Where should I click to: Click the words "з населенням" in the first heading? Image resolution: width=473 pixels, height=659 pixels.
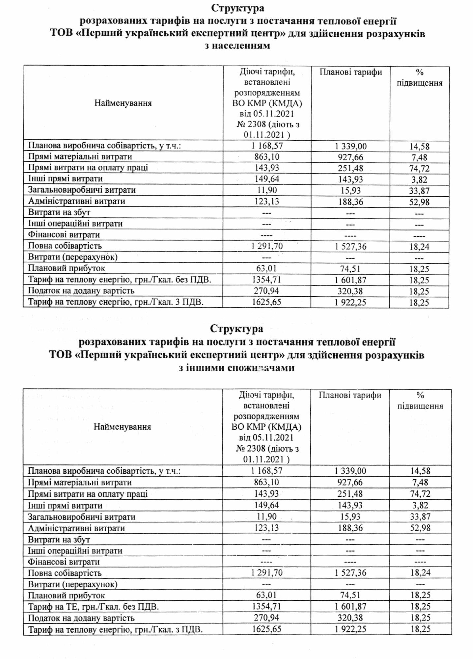click(237, 46)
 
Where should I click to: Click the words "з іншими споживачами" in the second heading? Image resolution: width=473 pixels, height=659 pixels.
click(236, 368)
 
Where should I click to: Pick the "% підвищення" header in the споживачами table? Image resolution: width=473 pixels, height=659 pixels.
click(420, 401)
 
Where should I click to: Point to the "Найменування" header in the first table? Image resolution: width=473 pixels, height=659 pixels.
click(123, 103)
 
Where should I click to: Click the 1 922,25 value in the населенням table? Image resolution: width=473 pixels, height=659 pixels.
click(350, 303)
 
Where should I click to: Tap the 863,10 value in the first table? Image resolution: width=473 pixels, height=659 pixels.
click(267, 157)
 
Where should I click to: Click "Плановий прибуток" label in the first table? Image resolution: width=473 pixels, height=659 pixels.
click(66, 268)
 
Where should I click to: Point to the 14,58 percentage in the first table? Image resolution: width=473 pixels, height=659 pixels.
click(419, 146)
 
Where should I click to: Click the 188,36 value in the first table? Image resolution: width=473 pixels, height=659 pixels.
click(350, 202)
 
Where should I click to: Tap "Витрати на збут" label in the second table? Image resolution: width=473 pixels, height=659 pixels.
click(59, 540)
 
